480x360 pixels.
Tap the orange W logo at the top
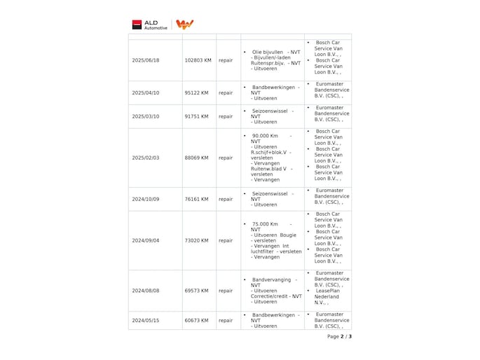(x=184, y=25)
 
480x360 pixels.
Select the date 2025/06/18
(x=146, y=60)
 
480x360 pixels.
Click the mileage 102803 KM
(x=198, y=60)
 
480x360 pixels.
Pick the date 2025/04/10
(x=146, y=92)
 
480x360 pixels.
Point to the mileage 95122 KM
(x=196, y=92)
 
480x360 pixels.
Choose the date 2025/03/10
(x=146, y=116)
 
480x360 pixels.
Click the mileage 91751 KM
(x=196, y=116)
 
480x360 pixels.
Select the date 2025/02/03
(x=146, y=158)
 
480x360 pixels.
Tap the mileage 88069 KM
(x=196, y=158)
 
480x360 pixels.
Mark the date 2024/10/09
(x=146, y=199)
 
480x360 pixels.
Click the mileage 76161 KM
(x=196, y=199)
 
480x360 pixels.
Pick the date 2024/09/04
(x=146, y=240)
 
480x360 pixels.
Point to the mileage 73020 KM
(x=196, y=240)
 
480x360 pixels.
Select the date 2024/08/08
(x=146, y=290)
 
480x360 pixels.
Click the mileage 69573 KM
(x=196, y=290)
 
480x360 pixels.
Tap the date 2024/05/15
(x=146, y=320)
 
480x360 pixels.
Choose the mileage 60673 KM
(x=196, y=320)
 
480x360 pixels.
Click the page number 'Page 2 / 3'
(x=339, y=336)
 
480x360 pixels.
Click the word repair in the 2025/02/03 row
(x=226, y=158)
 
